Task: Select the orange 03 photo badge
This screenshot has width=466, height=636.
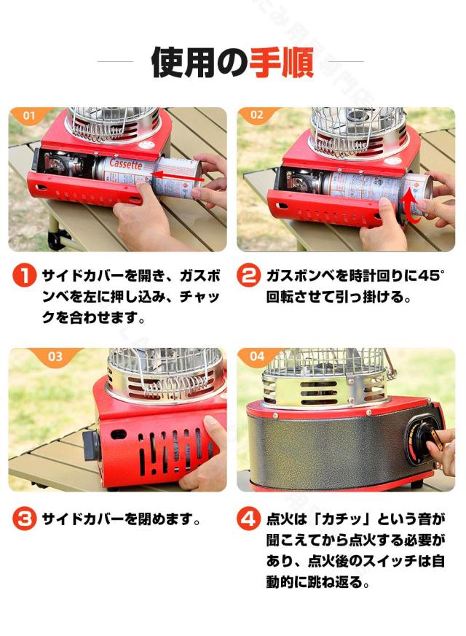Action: click(x=55, y=357)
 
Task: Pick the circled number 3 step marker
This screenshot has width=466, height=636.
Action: click(x=25, y=520)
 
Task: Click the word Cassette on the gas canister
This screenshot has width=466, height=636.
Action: click(x=125, y=166)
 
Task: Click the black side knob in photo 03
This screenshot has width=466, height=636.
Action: click(x=90, y=445)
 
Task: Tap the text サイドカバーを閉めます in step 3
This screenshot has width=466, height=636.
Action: click(x=121, y=520)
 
